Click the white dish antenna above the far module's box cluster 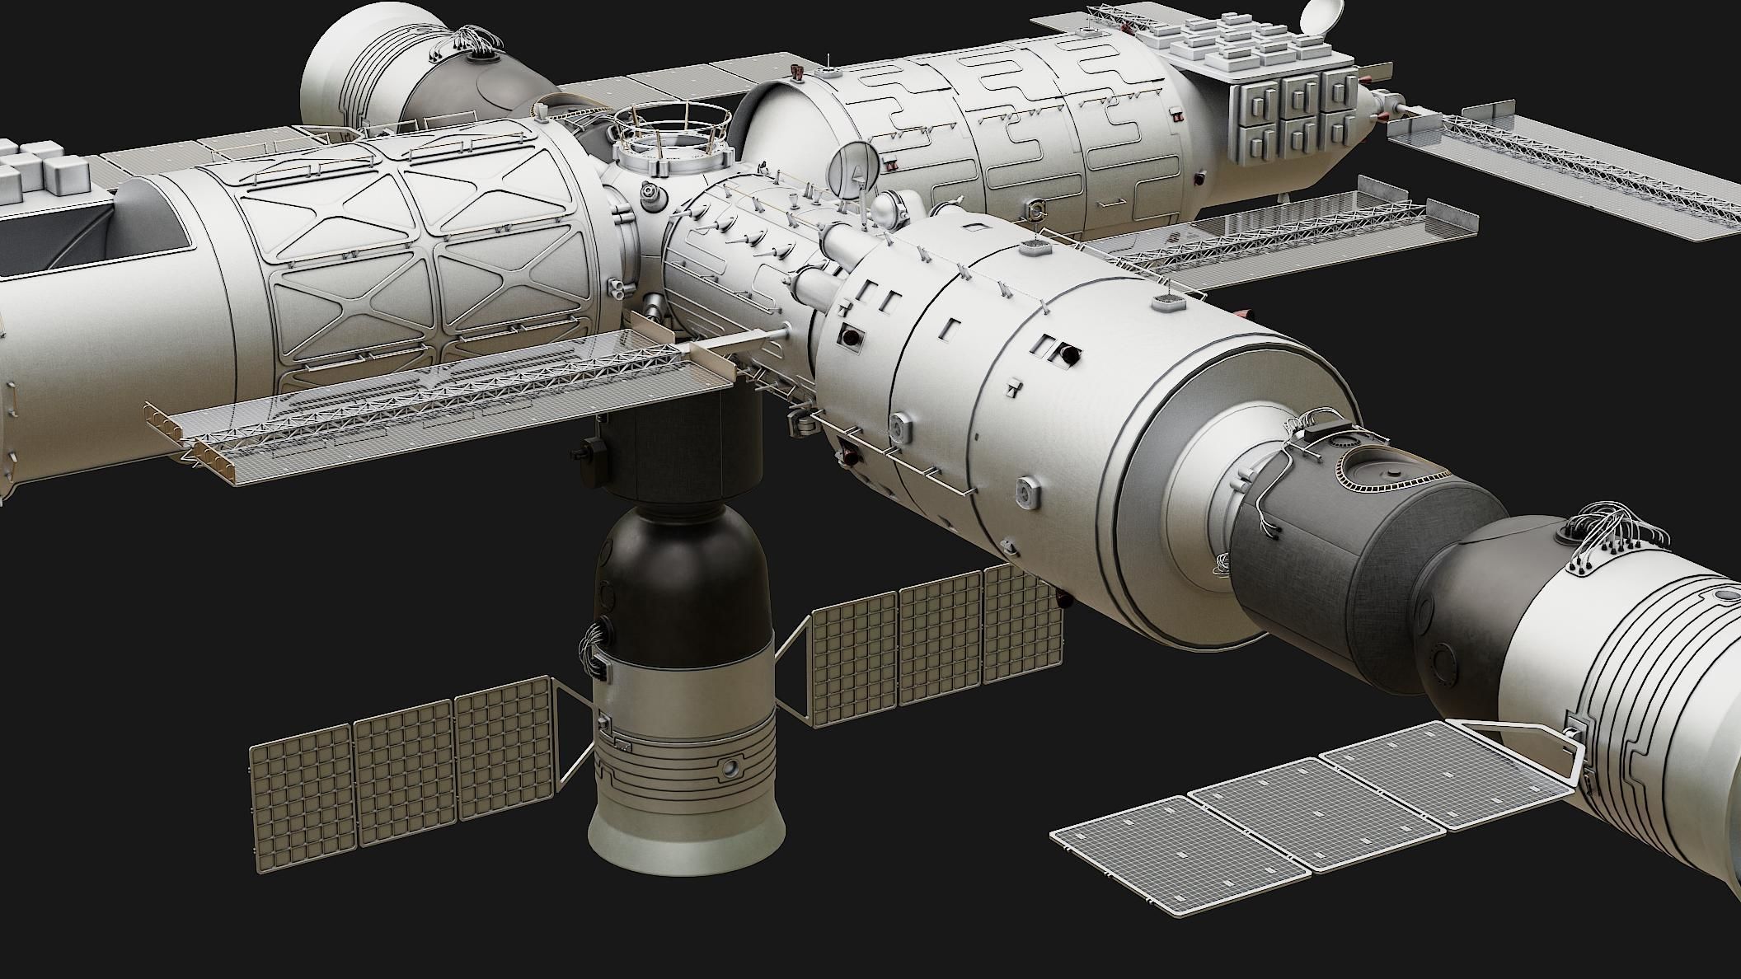click(1319, 15)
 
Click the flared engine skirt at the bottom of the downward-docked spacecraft click(686, 841)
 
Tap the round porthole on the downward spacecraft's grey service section click(729, 768)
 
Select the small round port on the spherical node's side click(650, 194)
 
